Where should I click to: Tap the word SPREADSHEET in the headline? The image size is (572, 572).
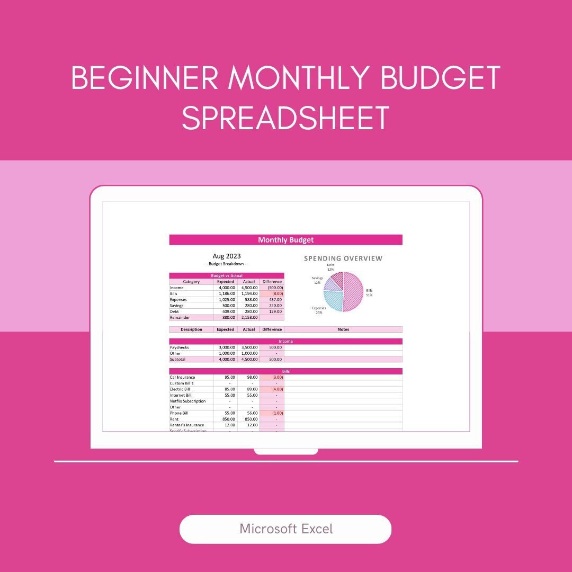(285, 118)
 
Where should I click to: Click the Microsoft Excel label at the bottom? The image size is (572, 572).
(285, 529)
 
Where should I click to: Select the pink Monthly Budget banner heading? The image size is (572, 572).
(285, 240)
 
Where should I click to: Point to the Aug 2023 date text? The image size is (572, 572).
(226, 256)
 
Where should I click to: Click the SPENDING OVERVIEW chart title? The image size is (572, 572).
(343, 258)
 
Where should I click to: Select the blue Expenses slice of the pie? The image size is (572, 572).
(333, 301)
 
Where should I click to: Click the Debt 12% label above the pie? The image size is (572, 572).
(330, 267)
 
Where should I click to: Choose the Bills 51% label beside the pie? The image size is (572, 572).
(369, 293)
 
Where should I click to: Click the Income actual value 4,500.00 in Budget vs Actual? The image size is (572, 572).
(248, 288)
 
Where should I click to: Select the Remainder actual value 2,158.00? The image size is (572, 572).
(248, 318)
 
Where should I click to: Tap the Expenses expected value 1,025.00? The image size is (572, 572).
(226, 300)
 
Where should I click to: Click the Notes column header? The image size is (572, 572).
(343, 329)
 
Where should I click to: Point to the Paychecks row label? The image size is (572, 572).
(179, 347)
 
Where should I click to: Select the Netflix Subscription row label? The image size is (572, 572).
(187, 401)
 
